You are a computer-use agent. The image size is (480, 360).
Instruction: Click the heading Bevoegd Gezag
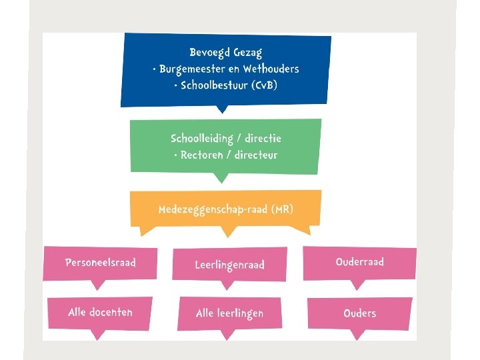click(225, 53)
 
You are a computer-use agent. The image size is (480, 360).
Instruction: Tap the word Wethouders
click(271, 69)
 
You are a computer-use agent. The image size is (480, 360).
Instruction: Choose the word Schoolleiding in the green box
click(202, 139)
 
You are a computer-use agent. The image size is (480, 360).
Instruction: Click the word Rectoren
click(204, 155)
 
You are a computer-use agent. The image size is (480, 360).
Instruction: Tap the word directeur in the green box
click(255, 155)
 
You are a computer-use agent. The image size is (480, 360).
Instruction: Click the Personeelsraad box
click(100, 263)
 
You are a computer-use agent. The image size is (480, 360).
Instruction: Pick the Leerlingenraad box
click(229, 265)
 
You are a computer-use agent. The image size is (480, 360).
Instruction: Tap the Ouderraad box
click(359, 262)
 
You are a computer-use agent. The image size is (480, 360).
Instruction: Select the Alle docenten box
click(100, 312)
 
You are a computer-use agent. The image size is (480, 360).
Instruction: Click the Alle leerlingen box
click(229, 313)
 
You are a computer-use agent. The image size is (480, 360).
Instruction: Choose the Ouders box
click(359, 313)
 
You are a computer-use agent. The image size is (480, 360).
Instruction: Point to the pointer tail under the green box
click(219, 178)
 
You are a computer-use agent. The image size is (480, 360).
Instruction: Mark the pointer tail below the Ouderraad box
click(358, 285)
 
